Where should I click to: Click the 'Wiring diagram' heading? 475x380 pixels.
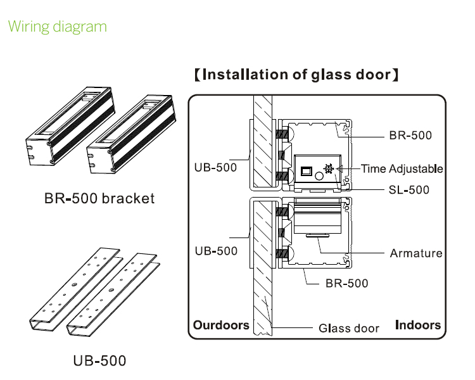58,27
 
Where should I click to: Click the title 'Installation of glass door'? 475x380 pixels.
296,75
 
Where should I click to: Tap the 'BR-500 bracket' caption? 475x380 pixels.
99,199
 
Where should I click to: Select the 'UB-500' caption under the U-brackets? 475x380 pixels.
99,361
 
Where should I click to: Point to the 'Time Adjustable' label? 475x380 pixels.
402,169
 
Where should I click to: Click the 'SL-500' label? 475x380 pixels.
408,189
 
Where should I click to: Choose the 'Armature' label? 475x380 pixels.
415,253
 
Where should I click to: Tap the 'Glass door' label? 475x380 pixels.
348,328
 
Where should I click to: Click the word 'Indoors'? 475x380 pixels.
417,325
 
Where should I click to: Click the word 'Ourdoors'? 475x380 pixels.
221,325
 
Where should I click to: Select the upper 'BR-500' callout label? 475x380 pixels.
410,136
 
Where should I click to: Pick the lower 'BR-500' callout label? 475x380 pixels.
346,283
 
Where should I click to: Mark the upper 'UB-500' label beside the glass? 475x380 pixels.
215,168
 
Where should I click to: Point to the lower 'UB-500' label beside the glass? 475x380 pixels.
215,251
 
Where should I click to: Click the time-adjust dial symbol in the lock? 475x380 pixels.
329,169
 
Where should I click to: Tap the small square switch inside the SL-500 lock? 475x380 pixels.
306,171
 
